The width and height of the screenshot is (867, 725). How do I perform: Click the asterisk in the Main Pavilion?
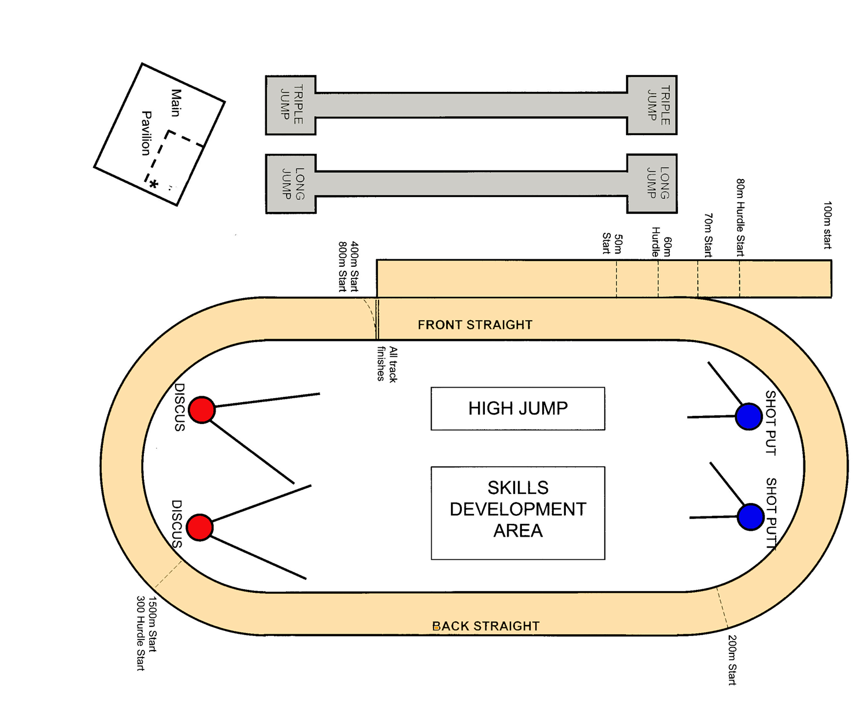[154, 184]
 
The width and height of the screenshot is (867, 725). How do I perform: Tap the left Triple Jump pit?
[291, 105]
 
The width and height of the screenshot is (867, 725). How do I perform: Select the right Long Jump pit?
[652, 184]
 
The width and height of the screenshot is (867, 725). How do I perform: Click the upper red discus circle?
[202, 410]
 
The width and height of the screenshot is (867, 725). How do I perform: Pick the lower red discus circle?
[199, 527]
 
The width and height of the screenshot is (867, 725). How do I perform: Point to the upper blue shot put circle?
[749, 417]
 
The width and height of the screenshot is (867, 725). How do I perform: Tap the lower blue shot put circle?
[751, 516]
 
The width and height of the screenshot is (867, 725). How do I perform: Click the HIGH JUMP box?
[518, 408]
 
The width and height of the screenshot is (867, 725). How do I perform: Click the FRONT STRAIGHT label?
[475, 325]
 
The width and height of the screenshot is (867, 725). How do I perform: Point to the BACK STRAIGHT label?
[486, 626]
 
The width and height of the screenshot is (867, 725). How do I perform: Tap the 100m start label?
[827, 225]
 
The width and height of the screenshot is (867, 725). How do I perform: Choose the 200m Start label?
[732, 660]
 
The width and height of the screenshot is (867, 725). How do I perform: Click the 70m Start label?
[708, 235]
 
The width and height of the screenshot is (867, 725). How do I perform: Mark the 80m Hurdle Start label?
[740, 217]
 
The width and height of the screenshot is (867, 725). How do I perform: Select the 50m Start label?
[612, 243]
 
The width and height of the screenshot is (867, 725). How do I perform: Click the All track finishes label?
[387, 364]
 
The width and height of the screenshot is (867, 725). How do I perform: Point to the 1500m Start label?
[152, 624]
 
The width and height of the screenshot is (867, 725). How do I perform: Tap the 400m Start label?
[354, 266]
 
